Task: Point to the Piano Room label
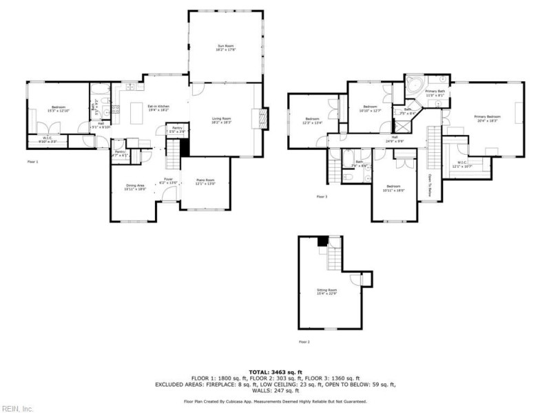pyautogui.click(x=206, y=182)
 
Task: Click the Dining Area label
pyautogui.click(x=134, y=186)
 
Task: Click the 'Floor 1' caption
pyautogui.click(x=33, y=162)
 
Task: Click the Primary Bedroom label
pyautogui.click(x=487, y=118)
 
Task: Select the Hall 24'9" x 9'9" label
pyautogui.click(x=395, y=138)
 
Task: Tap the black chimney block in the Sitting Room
pyautogui.click(x=322, y=241)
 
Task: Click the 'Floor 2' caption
pyautogui.click(x=304, y=341)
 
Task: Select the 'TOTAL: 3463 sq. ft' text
pyautogui.click(x=275, y=372)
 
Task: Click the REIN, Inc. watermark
pyautogui.click(x=17, y=408)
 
